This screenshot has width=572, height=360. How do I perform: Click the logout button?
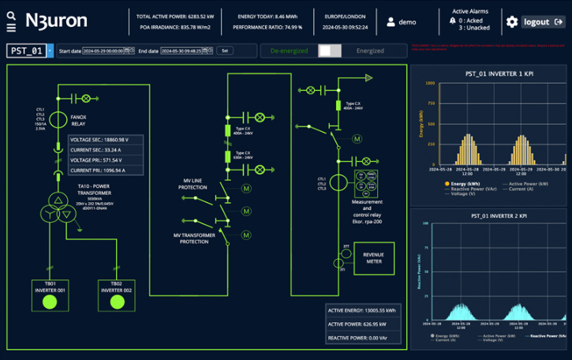coord(543,22)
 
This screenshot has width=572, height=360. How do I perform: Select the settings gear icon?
coord(512,22)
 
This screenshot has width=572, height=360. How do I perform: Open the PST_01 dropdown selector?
coord(50,51)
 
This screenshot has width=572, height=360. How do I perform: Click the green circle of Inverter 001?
coord(50,302)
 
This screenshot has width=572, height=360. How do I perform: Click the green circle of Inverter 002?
coord(117,302)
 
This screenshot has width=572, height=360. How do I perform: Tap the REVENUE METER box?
coord(373,257)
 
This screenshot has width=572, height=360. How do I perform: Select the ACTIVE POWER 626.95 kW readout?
coord(361,324)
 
